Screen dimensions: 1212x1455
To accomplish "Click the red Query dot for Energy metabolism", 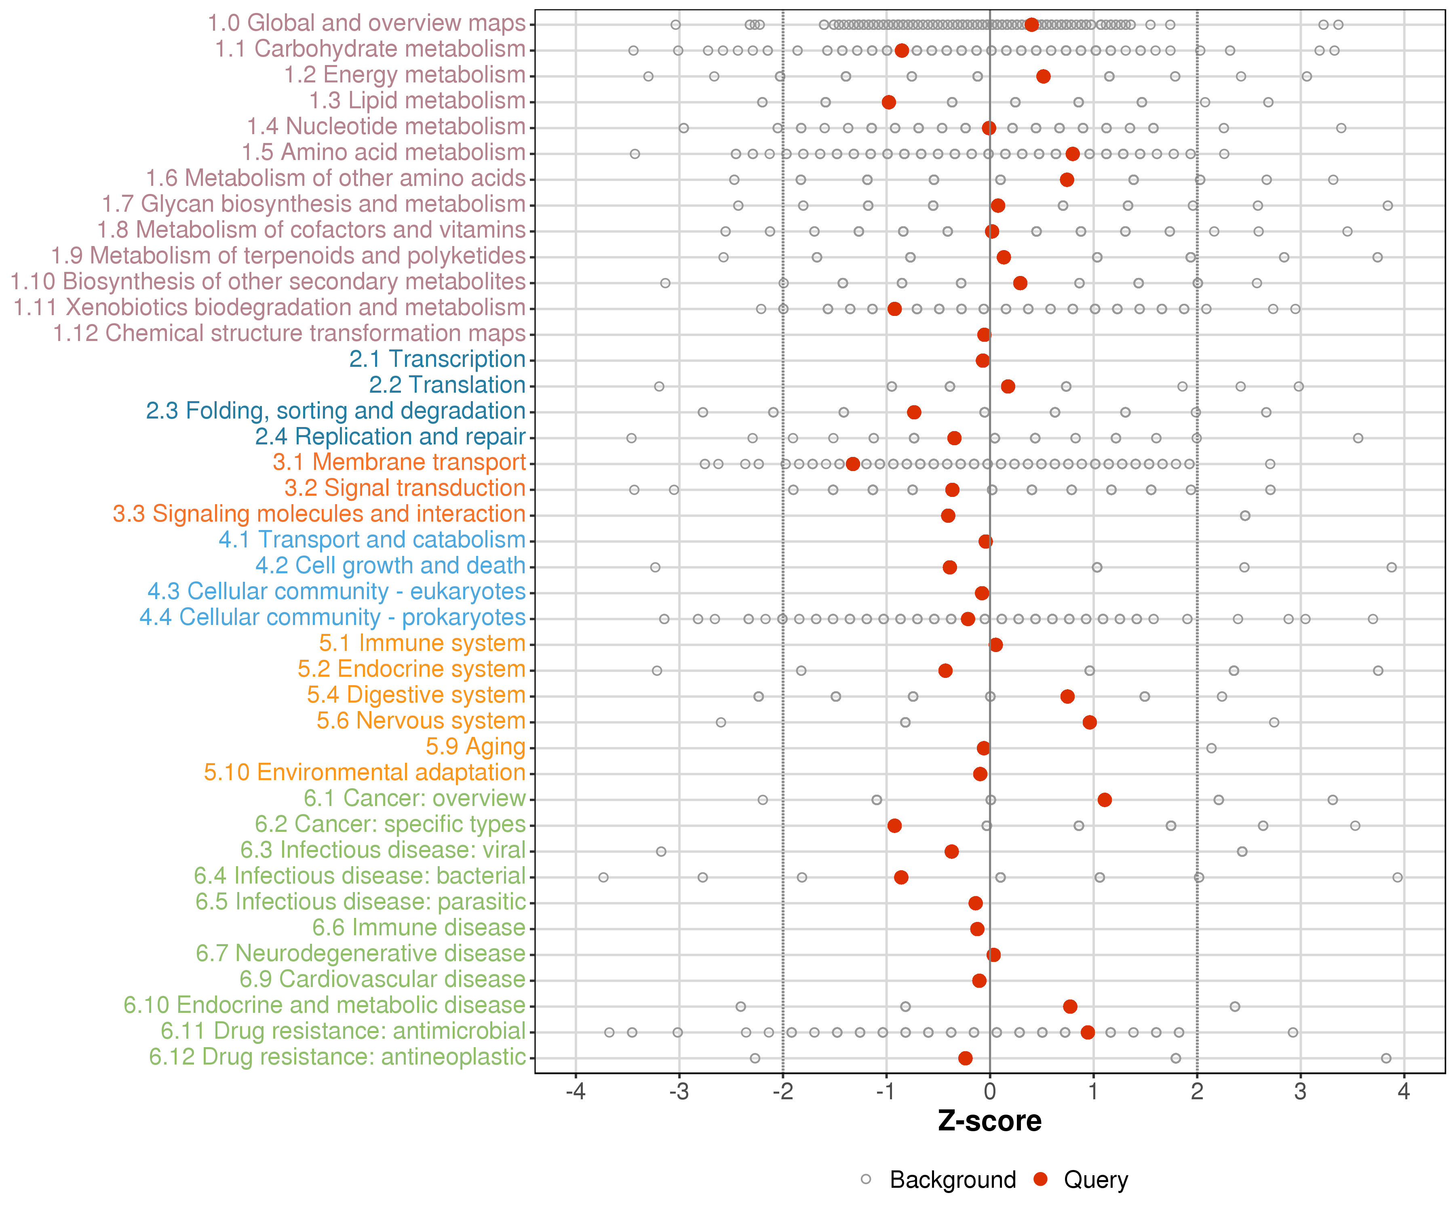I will click(x=1043, y=76).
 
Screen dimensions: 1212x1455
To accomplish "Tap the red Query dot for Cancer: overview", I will click(x=1105, y=800).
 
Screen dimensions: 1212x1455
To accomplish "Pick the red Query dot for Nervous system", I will click(x=1089, y=722).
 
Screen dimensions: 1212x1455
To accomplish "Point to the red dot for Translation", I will click(x=1008, y=387).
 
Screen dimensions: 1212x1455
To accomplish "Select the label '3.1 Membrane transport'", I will click(x=399, y=463).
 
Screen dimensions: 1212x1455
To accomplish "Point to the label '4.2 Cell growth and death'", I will click(x=390, y=566).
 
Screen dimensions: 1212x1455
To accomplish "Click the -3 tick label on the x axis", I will click(x=678, y=1092).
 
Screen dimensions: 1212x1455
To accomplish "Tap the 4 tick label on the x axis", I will click(x=1404, y=1092).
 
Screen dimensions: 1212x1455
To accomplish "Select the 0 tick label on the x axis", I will click(x=989, y=1092).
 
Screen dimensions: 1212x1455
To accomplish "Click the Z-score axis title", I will click(x=989, y=1121).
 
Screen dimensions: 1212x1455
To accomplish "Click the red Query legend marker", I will click(x=1040, y=1179).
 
